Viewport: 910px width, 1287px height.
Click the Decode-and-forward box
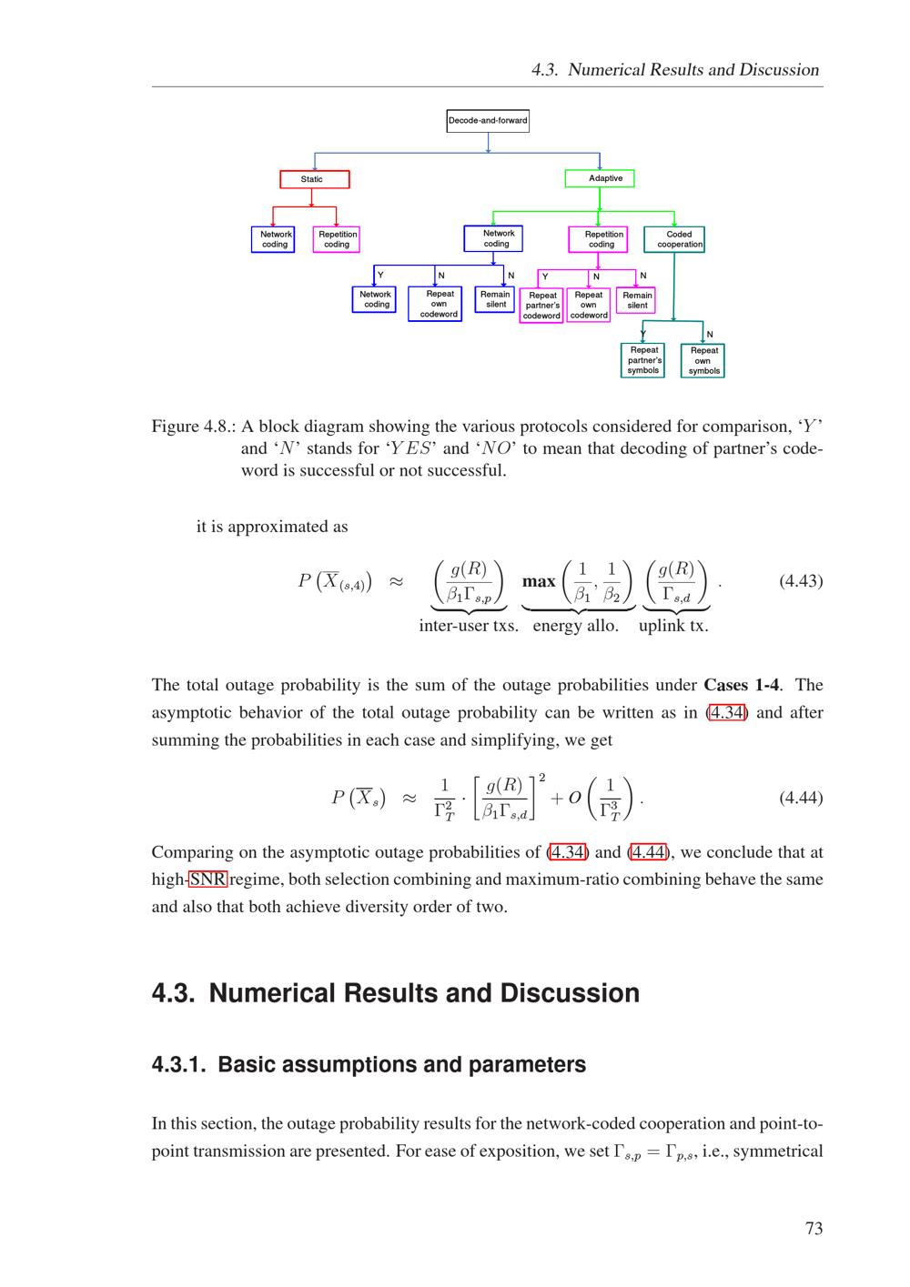(488, 120)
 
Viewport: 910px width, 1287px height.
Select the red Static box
(314, 179)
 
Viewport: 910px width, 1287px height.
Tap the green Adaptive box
(600, 178)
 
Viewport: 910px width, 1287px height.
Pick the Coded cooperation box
(674, 239)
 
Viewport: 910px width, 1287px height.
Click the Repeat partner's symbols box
(643, 360)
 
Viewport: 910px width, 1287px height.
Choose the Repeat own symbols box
(703, 361)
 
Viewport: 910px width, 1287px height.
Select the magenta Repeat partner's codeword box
(541, 306)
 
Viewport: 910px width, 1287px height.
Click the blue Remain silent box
(495, 299)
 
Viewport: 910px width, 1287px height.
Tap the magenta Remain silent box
(636, 300)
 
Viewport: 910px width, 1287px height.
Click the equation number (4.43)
(801, 581)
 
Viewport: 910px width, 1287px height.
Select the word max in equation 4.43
(539, 581)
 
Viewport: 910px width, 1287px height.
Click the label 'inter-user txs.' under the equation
(469, 626)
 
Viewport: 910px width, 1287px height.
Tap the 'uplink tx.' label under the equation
(673, 626)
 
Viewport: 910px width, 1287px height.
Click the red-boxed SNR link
(207, 880)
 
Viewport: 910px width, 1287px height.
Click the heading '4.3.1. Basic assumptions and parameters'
(369, 1064)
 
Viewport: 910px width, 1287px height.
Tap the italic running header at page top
(674, 70)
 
